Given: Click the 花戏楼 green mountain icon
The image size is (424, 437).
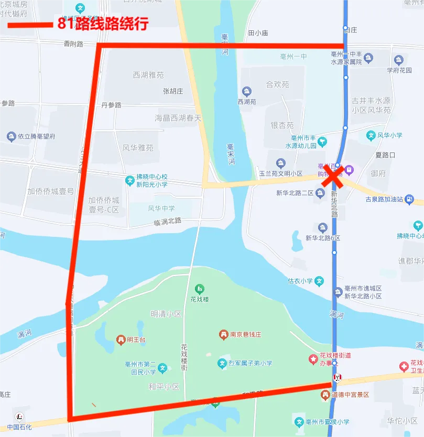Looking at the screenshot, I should [199, 289].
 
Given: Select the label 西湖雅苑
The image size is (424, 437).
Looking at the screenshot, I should [148, 75].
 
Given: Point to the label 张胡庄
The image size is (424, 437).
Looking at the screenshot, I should [173, 91].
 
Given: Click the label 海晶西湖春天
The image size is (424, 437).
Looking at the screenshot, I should [178, 118].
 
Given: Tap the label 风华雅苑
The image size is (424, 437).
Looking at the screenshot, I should [138, 148].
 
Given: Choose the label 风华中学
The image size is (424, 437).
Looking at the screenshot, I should [161, 208].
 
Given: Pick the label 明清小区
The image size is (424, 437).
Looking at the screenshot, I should [166, 314].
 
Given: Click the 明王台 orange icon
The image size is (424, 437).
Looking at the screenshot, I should [121, 340].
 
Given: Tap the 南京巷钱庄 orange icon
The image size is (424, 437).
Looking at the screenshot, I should [223, 334].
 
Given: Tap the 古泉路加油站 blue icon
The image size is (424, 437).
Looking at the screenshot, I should [409, 200].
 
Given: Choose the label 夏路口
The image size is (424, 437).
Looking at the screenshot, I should [385, 155].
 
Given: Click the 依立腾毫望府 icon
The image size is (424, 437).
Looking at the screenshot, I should [11, 137].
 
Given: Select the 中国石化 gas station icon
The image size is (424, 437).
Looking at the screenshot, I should [20, 417].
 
